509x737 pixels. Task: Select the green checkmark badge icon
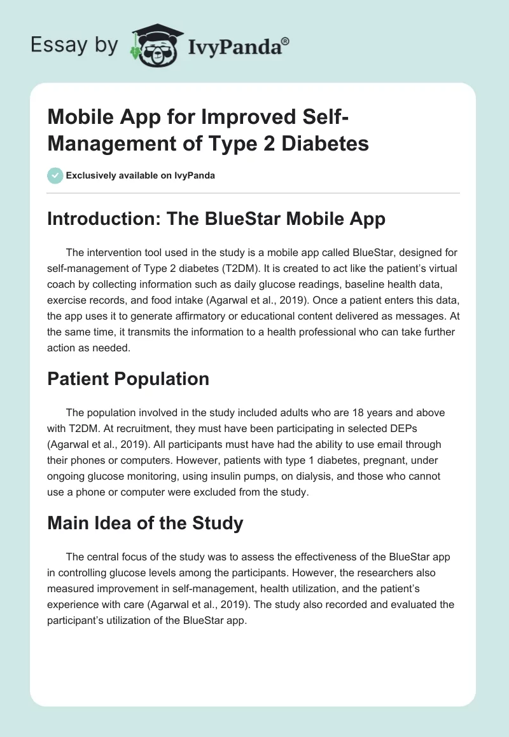(55, 175)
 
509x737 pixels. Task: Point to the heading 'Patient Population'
(128, 379)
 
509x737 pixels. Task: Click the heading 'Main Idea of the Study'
(145, 523)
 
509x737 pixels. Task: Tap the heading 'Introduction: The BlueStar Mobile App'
(216, 219)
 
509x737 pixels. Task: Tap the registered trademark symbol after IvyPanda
(286, 40)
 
